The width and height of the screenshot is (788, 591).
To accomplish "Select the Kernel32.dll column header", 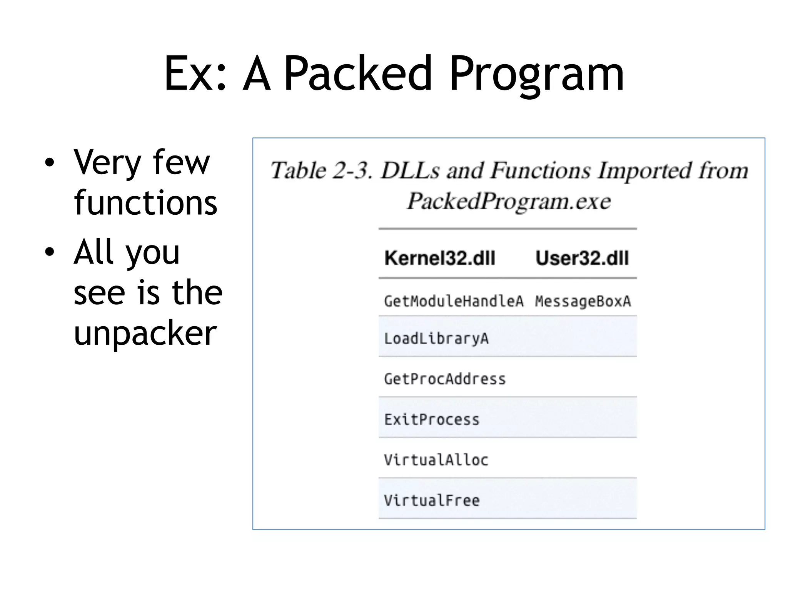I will [x=440, y=258].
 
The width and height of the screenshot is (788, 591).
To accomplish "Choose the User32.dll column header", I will [x=582, y=258].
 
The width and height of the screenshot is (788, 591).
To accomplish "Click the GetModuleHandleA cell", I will [x=454, y=301].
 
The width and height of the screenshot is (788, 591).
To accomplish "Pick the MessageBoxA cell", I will [x=583, y=301].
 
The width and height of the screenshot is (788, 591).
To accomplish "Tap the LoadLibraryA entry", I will [x=436, y=339].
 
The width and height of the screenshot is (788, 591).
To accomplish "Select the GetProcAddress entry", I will [x=445, y=379].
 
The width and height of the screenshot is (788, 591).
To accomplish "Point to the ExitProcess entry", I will [x=432, y=419].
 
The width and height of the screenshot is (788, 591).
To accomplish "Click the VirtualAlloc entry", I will [x=436, y=460].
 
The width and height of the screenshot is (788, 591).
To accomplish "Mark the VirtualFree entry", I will [x=432, y=500].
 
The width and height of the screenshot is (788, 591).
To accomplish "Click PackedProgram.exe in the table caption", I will [x=509, y=201].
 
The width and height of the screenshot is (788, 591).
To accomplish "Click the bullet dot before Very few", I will [x=49, y=162].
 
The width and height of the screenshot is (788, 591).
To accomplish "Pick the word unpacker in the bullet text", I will [x=145, y=333].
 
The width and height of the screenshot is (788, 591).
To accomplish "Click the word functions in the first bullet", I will [x=145, y=202].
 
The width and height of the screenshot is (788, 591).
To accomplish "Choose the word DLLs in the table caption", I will [x=410, y=170].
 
